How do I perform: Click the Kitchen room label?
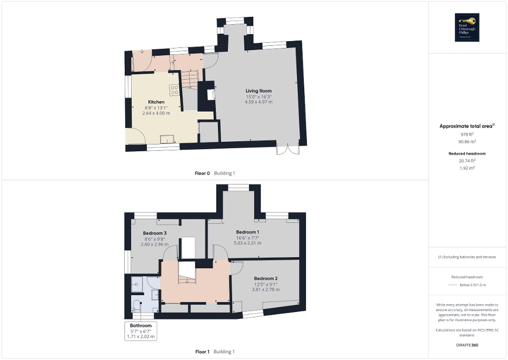pyautogui.click(x=156, y=102)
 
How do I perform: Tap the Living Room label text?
pyautogui.click(x=258, y=91)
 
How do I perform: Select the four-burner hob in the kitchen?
pyautogui.click(x=174, y=90)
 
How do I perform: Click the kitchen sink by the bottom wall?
pyautogui.click(x=168, y=139)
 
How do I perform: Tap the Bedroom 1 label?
pyautogui.click(x=247, y=232)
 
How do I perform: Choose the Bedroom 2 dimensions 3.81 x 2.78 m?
pyautogui.click(x=265, y=289)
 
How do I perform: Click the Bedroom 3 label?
pyautogui.click(x=155, y=233)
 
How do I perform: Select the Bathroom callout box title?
pyautogui.click(x=141, y=326)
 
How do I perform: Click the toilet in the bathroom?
pyautogui.click(x=138, y=306)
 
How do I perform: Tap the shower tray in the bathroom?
pyautogui.click(x=137, y=284)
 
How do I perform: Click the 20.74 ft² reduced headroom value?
pyautogui.click(x=467, y=161)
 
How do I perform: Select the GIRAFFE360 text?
pyautogui.click(x=467, y=345)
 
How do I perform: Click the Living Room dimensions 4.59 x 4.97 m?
pyautogui.click(x=258, y=102)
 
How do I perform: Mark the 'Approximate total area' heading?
pyautogui.click(x=466, y=126)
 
